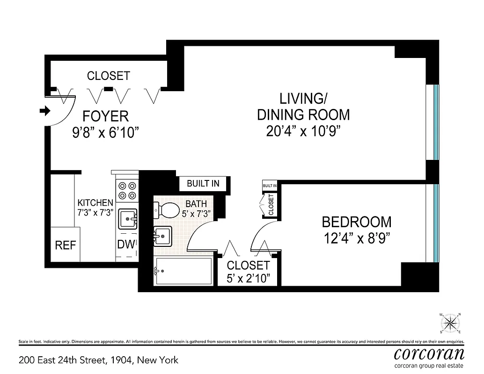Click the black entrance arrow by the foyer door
pyautogui.click(x=45, y=111)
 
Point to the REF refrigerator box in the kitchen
pyautogui.click(x=65, y=245)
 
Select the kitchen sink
pyautogui.click(x=127, y=218)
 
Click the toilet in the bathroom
pyautogui.click(x=164, y=209)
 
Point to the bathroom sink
pyautogui.click(x=162, y=235)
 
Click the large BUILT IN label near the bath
pyautogui.click(x=203, y=183)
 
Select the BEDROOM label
pyautogui.click(x=357, y=222)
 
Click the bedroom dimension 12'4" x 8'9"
pyautogui.click(x=357, y=238)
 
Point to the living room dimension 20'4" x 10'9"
pyautogui.click(x=303, y=131)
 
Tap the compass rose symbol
pyautogui.click(x=450, y=322)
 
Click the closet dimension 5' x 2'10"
pyautogui.click(x=248, y=279)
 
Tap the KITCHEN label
pyautogui.click(x=95, y=203)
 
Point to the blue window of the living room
pyautogui.click(x=436, y=122)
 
